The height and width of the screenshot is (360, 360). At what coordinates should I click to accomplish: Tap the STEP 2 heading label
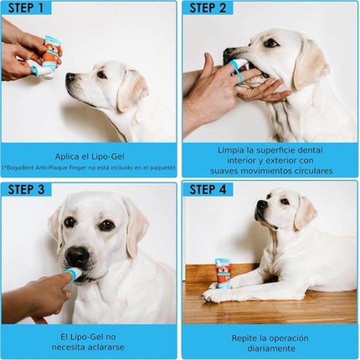pyautogui.click(x=208, y=8)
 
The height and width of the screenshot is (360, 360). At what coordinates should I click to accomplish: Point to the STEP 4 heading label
pyautogui.click(x=208, y=189)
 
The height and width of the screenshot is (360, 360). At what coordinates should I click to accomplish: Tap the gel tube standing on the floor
pyautogui.click(x=223, y=273)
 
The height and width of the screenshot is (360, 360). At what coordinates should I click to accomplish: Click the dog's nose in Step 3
pyautogui.click(x=77, y=256)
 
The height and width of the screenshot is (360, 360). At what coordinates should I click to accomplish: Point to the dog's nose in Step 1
pyautogui.click(x=70, y=77)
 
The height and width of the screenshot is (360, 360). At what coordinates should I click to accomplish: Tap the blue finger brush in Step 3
pyautogui.click(x=74, y=273)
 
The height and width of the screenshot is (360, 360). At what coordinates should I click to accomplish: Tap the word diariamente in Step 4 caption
pyautogui.click(x=270, y=348)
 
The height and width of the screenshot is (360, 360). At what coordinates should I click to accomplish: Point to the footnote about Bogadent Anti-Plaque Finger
pyautogui.click(x=89, y=167)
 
